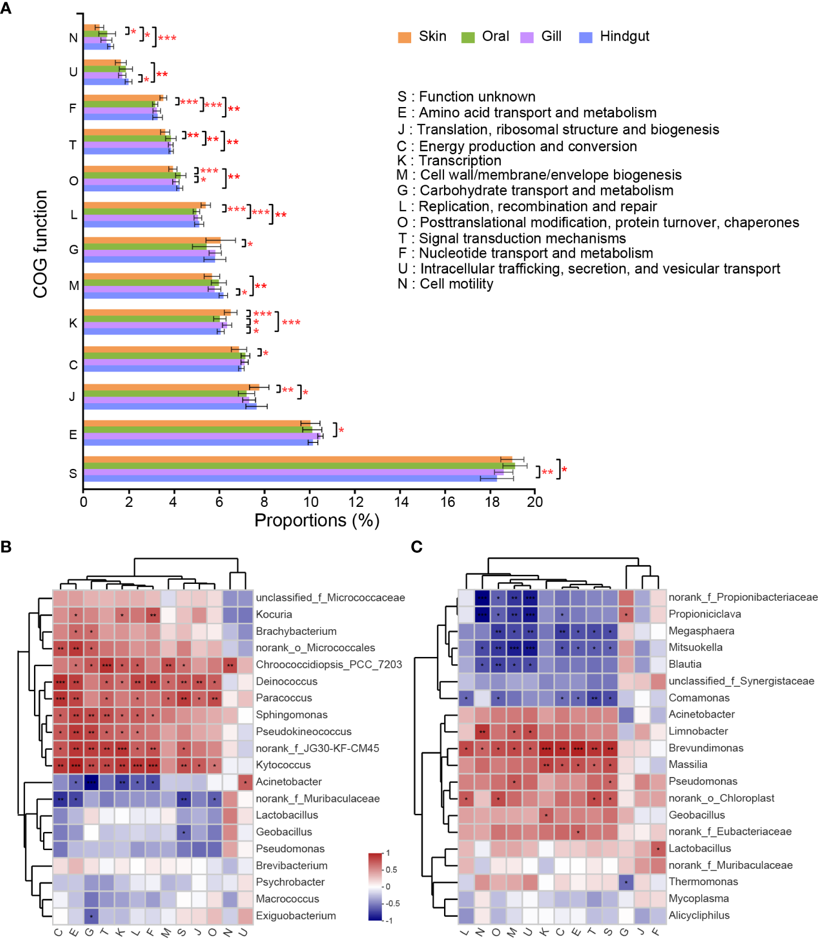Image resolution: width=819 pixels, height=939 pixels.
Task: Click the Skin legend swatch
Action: coord(404,37)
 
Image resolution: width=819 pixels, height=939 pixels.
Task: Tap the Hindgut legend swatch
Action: coord(586,37)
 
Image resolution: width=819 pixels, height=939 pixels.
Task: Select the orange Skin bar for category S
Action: coord(297,459)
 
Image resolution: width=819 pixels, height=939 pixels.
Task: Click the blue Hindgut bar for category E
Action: coord(198,443)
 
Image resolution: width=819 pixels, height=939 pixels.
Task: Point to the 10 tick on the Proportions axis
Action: coord(310,502)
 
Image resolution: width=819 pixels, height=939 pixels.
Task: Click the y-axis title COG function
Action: coord(40,244)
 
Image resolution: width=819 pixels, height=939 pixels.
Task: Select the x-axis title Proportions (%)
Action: coord(317,520)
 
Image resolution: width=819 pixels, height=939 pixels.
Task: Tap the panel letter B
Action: coord(6,547)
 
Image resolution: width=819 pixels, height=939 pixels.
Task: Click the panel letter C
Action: coord(417,547)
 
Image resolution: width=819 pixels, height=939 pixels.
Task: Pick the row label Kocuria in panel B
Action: coord(274,614)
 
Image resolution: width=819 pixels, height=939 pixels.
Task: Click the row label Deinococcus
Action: coord(286,681)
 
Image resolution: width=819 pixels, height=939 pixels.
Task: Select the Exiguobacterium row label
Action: coord(296,916)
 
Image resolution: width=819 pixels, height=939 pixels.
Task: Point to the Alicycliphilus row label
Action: coord(699,915)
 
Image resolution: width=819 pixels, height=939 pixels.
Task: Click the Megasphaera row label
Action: coord(701,631)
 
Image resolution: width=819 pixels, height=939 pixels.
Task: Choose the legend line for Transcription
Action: coord(449,161)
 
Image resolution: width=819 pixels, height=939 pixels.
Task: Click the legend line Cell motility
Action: coord(445,284)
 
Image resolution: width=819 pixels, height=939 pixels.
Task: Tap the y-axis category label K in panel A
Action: coord(73,323)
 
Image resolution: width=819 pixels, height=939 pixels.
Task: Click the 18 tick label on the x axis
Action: coord(492,502)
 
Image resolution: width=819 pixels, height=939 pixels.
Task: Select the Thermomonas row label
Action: coord(703,882)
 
